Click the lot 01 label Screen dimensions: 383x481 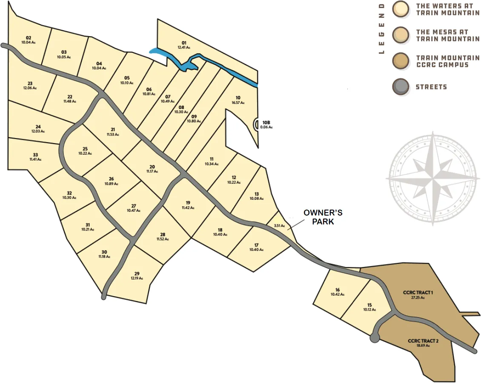[x=184, y=43]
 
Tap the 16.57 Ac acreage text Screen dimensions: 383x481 [x=238, y=103]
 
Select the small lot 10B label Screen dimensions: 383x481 [x=266, y=123]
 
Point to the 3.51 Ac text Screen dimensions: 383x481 [x=279, y=226]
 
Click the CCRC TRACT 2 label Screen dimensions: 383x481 [x=423, y=341]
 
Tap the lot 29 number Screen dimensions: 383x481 [x=137, y=274]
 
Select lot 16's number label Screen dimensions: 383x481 [x=338, y=290]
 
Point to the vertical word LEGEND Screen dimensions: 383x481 [x=381, y=29]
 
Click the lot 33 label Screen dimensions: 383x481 [x=35, y=155]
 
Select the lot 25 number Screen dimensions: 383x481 [x=85, y=149]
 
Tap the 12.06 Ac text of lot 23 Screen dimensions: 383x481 [x=30, y=88]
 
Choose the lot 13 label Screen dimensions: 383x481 [x=257, y=194]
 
